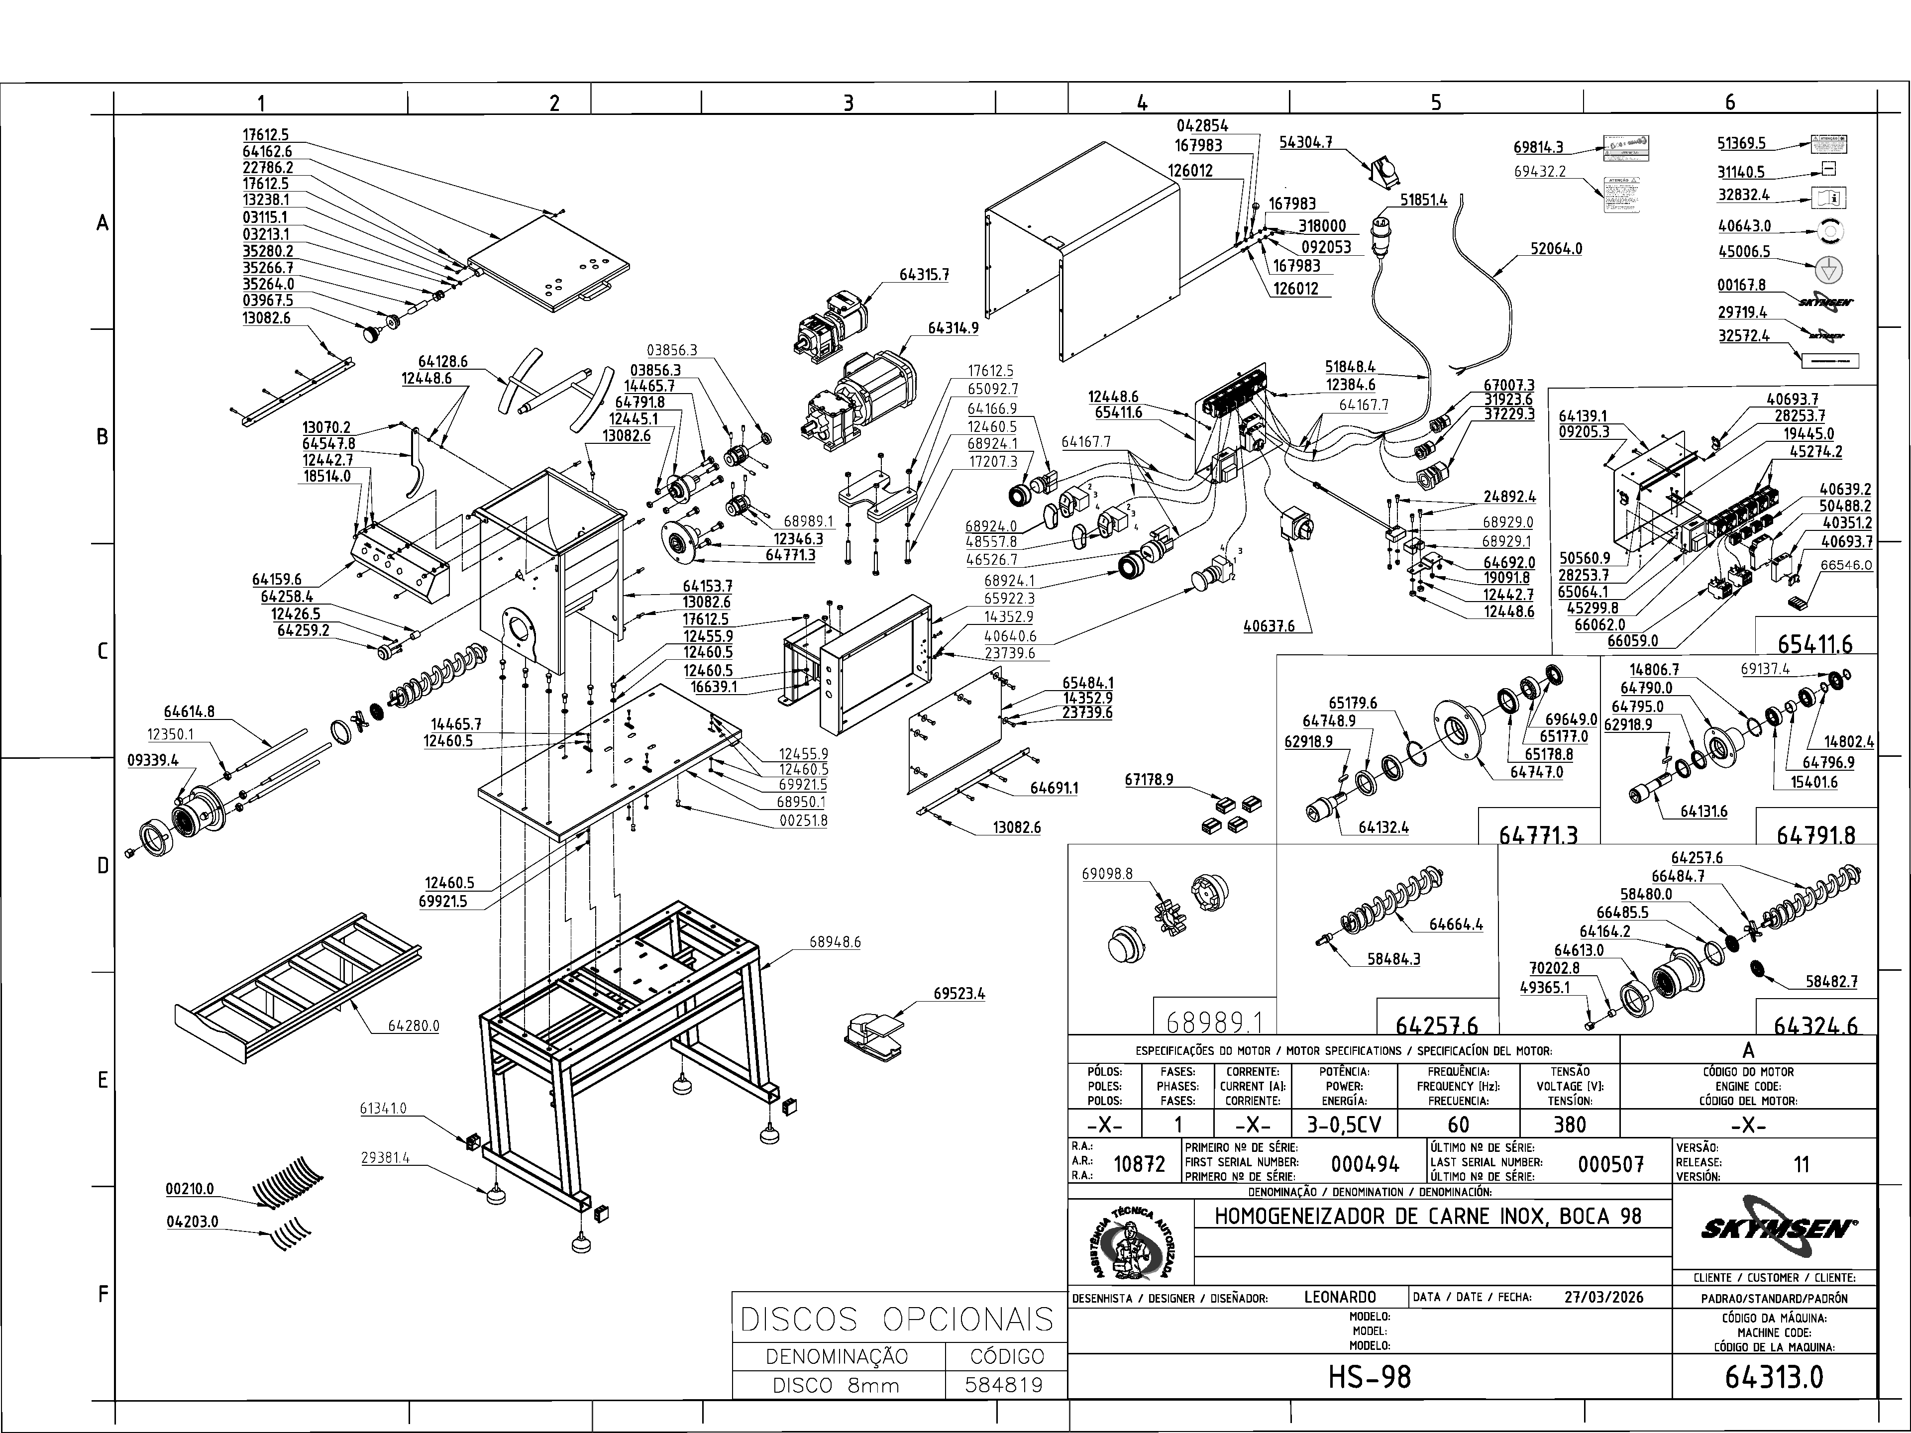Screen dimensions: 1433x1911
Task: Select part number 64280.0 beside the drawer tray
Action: (x=413, y=1026)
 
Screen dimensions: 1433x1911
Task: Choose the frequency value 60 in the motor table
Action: (x=1458, y=1125)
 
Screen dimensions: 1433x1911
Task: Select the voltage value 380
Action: (x=1569, y=1125)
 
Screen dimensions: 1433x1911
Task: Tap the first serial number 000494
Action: (x=1365, y=1164)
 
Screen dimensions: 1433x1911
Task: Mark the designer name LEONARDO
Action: (x=1340, y=1297)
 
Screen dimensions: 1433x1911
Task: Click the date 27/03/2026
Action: (x=1603, y=1297)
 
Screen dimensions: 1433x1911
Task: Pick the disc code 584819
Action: (x=1006, y=1386)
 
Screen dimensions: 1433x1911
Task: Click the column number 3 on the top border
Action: (x=849, y=103)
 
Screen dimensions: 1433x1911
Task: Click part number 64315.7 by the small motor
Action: (x=924, y=275)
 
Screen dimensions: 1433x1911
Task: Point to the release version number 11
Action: (x=1802, y=1164)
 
